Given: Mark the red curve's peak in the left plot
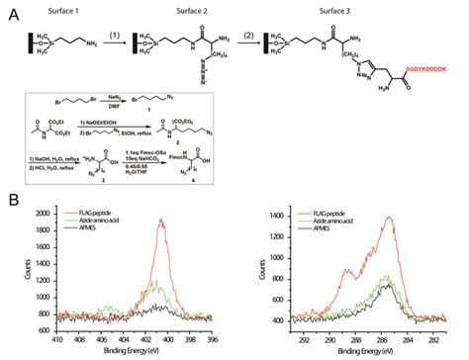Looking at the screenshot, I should pos(160,222).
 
